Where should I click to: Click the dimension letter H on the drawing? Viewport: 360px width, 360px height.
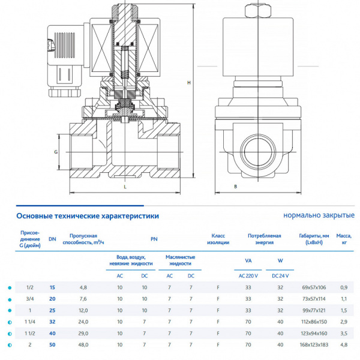tap(189, 82)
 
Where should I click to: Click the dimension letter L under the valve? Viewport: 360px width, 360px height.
tap(125, 187)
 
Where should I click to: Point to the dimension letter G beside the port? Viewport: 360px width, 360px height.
tap(55, 152)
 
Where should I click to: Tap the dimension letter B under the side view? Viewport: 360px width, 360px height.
tap(236, 187)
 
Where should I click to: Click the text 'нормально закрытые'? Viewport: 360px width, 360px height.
tap(319, 215)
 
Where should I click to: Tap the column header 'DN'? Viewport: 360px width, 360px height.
tap(52, 239)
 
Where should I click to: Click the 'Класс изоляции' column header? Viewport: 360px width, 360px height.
tap(218, 239)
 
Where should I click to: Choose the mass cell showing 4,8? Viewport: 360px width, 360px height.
tap(344, 345)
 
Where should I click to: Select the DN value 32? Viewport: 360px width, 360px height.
tap(52, 322)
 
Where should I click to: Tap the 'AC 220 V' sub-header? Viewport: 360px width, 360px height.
tap(248, 275)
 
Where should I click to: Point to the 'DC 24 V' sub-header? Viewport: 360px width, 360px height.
tap(280, 275)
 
